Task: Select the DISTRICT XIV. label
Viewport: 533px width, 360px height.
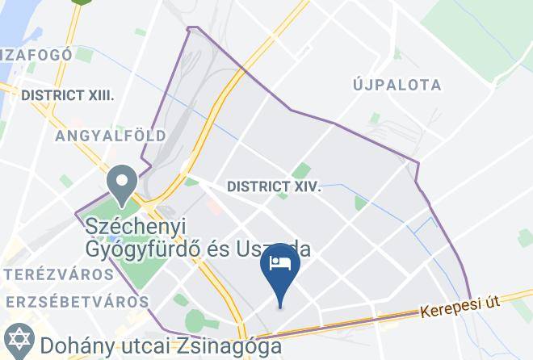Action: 274,186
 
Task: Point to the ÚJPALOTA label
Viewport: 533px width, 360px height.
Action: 397,85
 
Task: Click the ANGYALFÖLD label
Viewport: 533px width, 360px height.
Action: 110,136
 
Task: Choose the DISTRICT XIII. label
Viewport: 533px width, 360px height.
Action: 68,95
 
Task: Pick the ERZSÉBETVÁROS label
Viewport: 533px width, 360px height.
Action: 74,301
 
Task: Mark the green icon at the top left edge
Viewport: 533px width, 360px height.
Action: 79,2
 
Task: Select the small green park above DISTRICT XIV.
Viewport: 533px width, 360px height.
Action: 301,170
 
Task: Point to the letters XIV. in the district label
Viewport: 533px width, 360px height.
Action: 305,186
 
